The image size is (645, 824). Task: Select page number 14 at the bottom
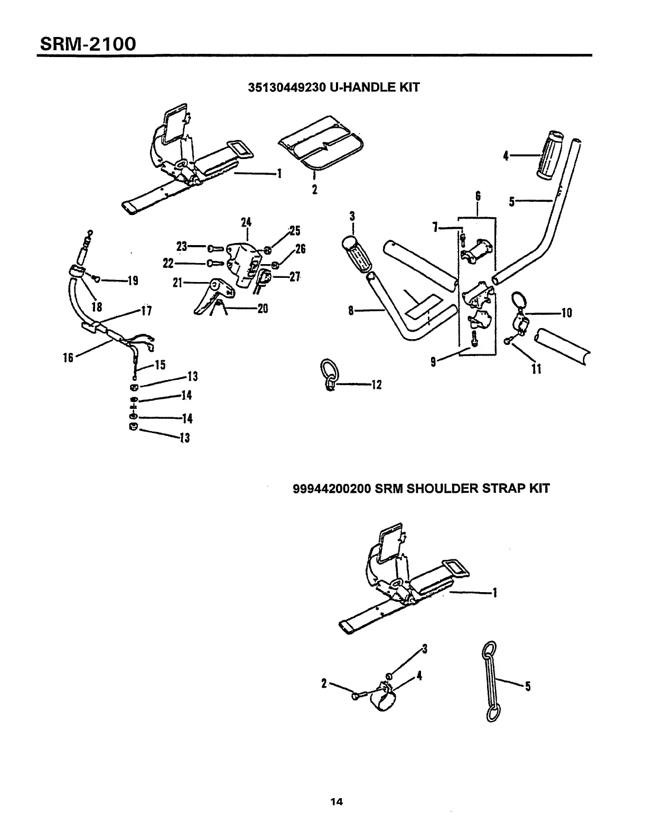tap(336, 802)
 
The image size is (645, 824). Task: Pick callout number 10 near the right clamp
tap(566, 313)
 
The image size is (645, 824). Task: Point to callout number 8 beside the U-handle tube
tap(351, 311)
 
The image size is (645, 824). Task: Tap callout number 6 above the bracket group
tap(478, 196)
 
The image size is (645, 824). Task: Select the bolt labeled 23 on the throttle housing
tap(215, 247)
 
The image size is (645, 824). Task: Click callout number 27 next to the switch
tap(294, 277)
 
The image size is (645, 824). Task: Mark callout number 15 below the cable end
tap(160, 365)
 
